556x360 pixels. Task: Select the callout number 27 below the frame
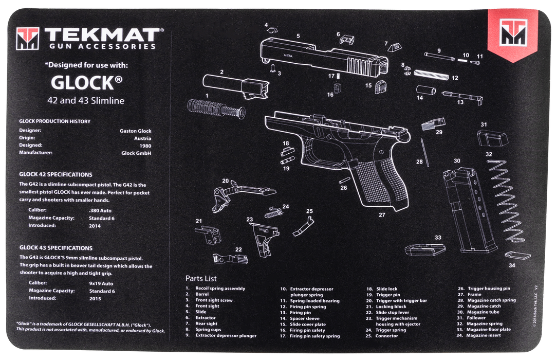382,215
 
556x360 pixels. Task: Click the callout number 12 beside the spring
455,78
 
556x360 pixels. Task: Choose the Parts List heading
201,278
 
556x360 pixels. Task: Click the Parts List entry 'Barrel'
202,294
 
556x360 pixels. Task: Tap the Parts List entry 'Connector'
386,336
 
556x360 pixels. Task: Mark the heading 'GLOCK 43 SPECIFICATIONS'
55,248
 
